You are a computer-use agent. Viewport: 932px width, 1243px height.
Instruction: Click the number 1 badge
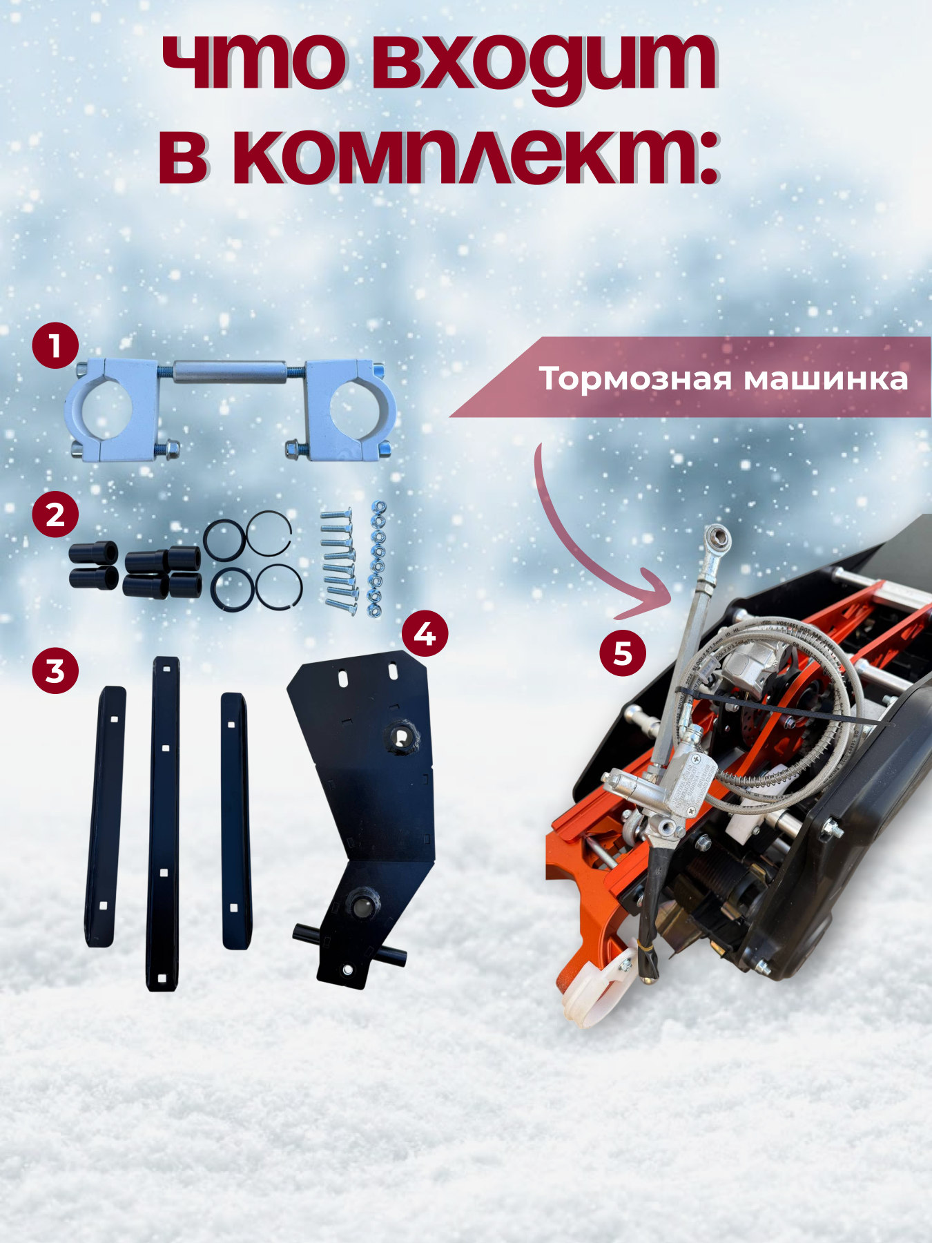pos(55,345)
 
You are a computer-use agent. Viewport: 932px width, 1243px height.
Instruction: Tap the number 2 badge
pos(55,514)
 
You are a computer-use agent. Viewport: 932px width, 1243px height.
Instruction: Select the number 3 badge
pos(55,671)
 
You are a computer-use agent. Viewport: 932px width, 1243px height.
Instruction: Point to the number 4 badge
pos(425,633)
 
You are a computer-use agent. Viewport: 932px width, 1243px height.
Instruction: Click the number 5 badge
pos(623,653)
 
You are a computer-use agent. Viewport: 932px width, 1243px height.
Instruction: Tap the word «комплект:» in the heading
pos(439,156)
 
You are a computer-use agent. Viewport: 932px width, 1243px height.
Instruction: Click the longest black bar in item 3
pos(164,823)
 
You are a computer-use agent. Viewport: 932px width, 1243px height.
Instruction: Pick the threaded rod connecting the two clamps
pos(231,372)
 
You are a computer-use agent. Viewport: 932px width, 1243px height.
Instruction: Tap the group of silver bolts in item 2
pos(338,559)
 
